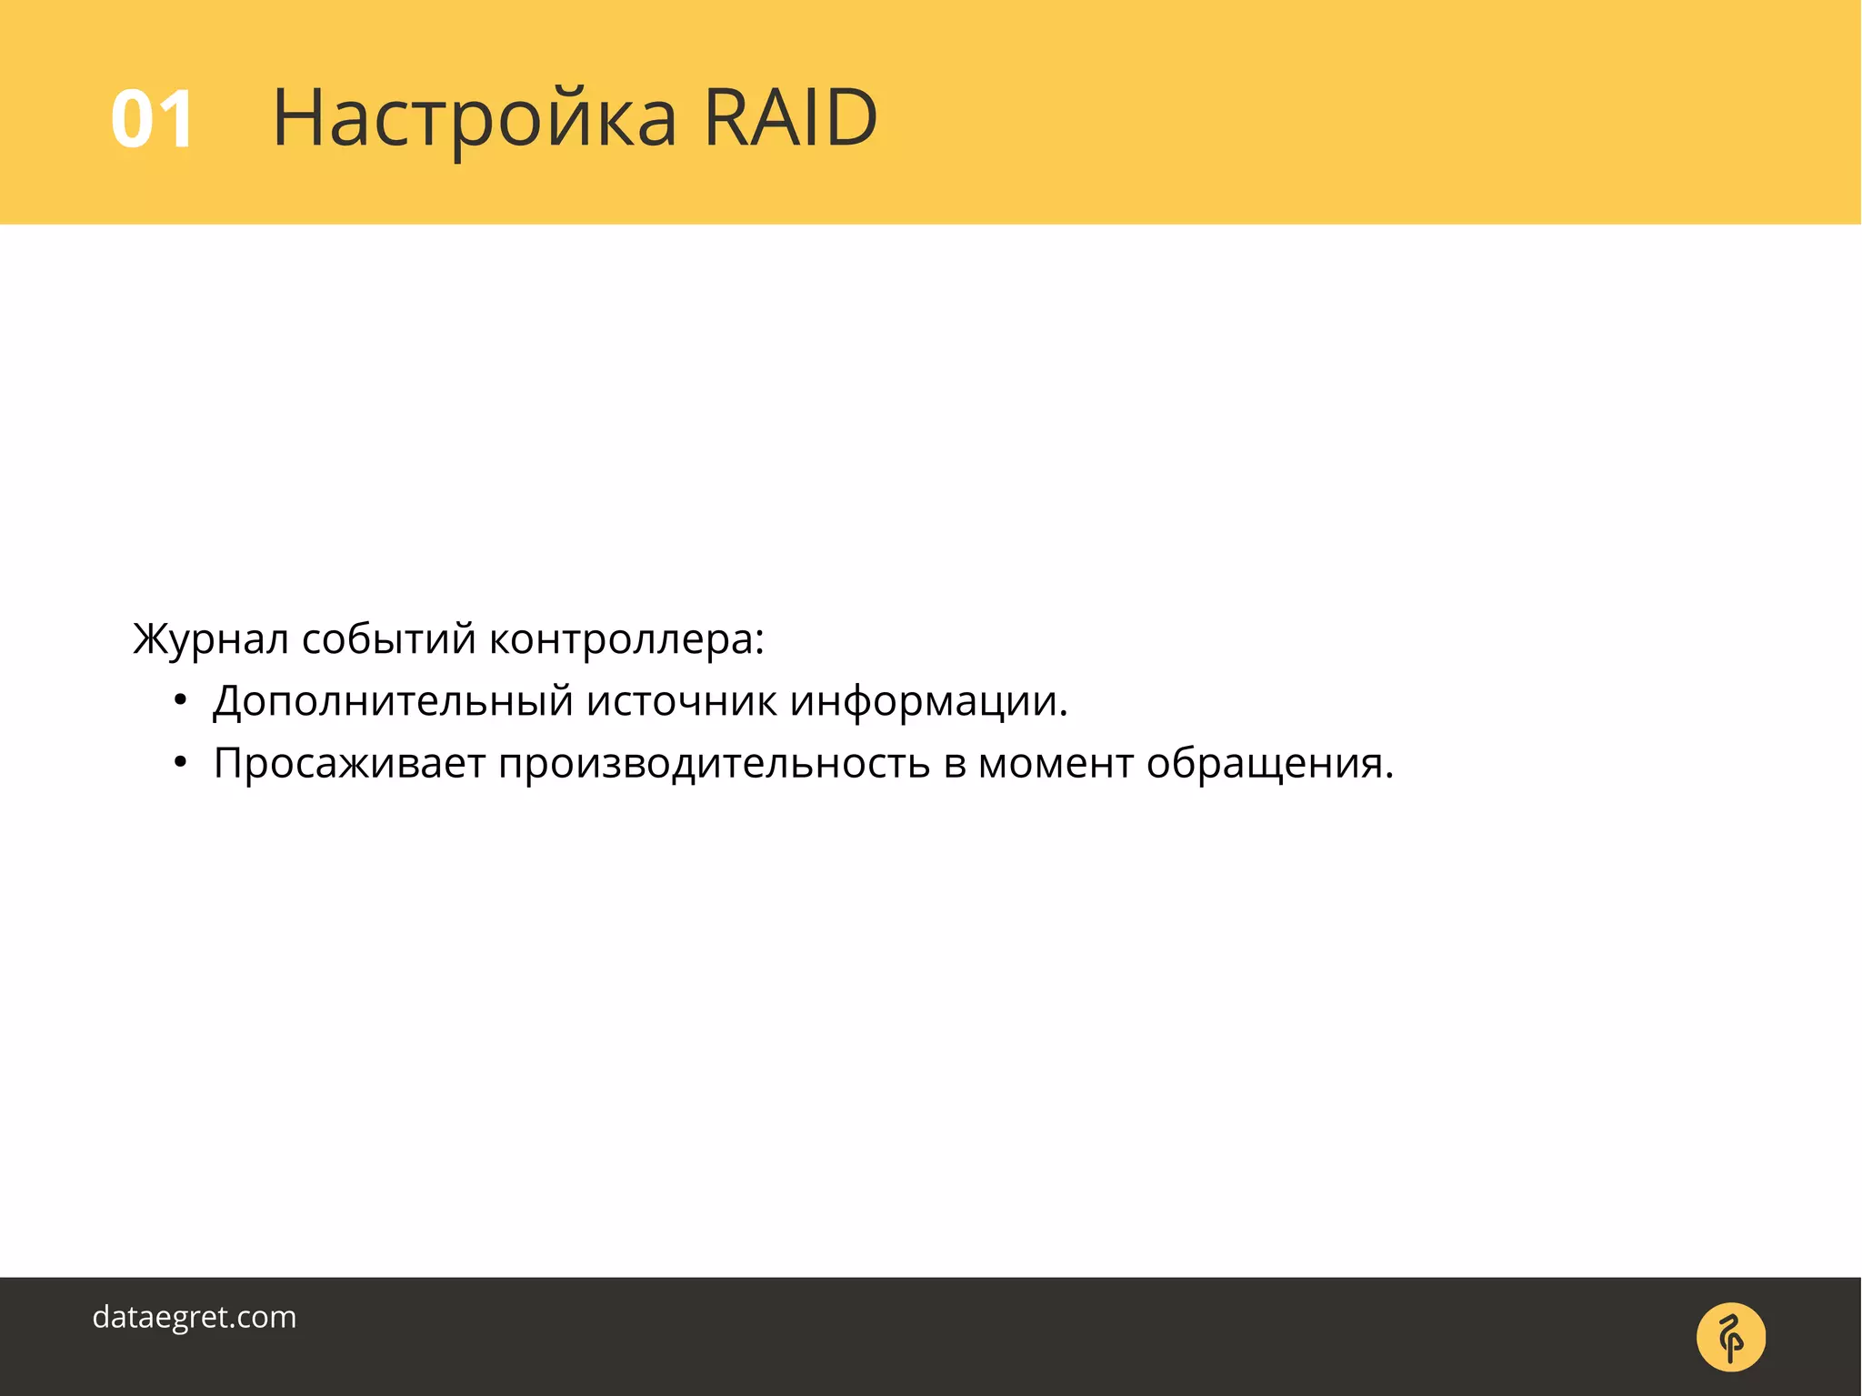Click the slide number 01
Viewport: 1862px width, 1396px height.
[152, 119]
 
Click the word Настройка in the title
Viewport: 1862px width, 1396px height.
[475, 119]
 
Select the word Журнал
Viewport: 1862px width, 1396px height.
[211, 639]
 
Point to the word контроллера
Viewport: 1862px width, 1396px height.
[621, 639]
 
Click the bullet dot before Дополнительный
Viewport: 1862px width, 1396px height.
[180, 701]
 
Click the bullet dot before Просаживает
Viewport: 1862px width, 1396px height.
[180, 763]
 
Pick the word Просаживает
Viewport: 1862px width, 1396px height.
[349, 763]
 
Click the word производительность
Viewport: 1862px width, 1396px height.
[714, 763]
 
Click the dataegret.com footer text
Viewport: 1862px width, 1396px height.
[195, 1317]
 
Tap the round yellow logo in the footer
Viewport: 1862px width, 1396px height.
[1730, 1337]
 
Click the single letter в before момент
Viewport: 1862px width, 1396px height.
[954, 765]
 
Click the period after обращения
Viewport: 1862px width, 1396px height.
[1388, 777]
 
